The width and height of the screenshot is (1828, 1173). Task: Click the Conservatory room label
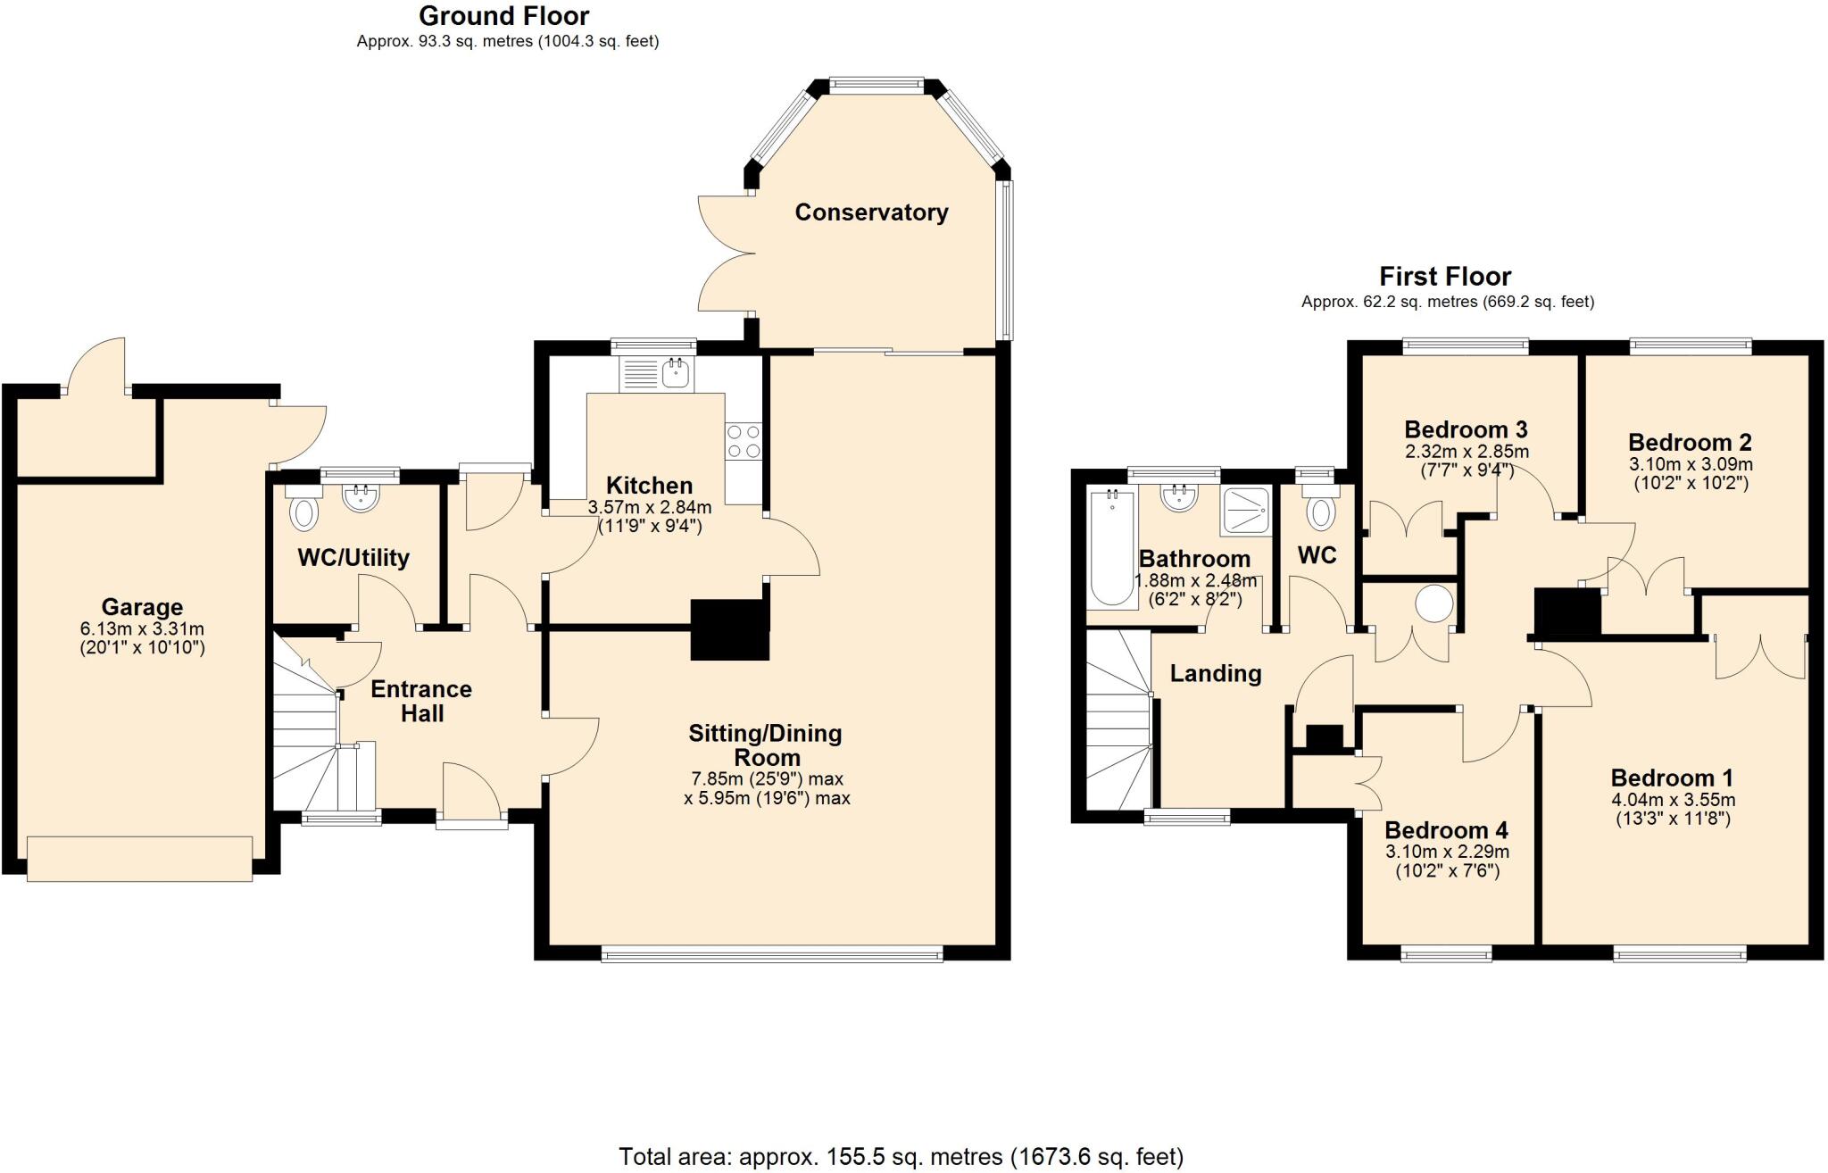coord(871,212)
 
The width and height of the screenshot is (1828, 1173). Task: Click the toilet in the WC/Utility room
coord(304,513)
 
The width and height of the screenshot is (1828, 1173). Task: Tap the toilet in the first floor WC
coord(1320,512)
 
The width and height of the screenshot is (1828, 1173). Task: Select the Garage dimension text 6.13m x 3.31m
coord(142,628)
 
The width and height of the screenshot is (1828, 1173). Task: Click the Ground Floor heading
coord(503,16)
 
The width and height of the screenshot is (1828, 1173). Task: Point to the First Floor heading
coord(1444,276)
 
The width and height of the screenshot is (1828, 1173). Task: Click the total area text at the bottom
coord(901,1157)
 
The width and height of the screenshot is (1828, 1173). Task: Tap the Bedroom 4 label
coord(1446,831)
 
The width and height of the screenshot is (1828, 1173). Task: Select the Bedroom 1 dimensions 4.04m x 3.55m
coord(1673,800)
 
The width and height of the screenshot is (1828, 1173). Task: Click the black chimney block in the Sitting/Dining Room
coord(729,629)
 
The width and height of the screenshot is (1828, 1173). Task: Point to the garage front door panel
coord(139,859)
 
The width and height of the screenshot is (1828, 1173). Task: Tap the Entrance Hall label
coord(421,701)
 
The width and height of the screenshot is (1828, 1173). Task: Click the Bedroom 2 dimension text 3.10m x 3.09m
coord(1690,464)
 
